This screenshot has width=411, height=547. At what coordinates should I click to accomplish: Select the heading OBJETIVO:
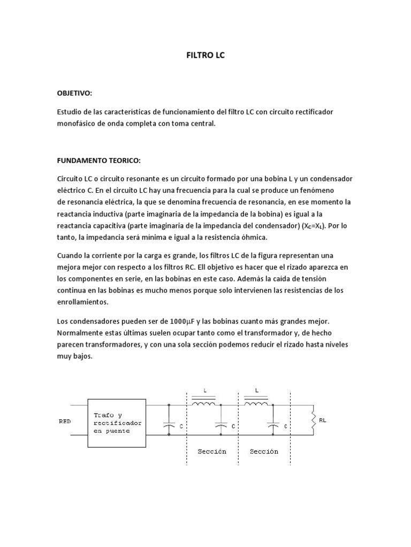74,93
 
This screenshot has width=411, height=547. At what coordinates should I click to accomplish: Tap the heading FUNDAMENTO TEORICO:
98,160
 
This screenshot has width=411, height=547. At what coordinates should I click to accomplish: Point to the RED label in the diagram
64,421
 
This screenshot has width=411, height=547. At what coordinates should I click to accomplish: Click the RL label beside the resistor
322,420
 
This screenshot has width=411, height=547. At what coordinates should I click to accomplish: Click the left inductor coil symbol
203,404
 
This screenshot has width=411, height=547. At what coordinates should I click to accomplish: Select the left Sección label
212,451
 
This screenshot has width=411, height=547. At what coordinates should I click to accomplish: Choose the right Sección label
264,451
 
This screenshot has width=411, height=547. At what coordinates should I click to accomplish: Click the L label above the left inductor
204,390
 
